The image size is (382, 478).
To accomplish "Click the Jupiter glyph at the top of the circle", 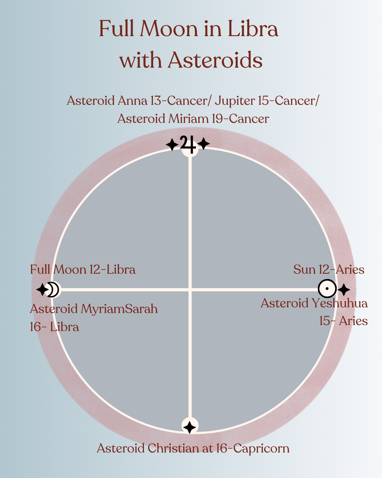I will pos(188,144).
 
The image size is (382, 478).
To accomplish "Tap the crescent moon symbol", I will pos(53,290).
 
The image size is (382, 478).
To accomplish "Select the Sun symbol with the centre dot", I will pos(327,289).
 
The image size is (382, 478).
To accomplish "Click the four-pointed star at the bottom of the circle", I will pos(190,427).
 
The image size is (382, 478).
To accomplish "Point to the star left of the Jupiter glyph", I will pos(172,144).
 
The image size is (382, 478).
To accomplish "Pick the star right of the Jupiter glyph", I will pos(204,144).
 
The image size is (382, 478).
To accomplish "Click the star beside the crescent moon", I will pos(42,290).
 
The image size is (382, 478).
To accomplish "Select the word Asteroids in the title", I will pos(215,60).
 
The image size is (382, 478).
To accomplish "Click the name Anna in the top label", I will pos(132,101).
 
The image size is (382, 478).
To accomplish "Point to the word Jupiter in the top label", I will pos(235,101).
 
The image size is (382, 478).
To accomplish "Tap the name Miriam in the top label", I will pos(189,119).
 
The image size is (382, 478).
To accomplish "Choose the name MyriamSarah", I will pos(119,309).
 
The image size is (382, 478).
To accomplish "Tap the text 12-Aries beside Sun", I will pos(341,269).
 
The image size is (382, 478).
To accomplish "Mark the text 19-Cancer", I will pos(241,119).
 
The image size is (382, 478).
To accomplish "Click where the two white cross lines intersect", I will pos(190,290).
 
